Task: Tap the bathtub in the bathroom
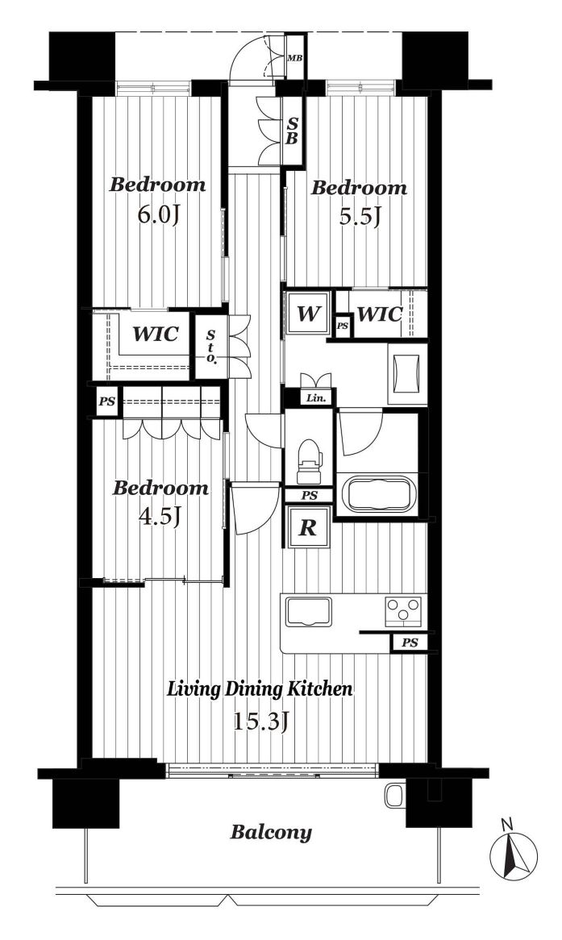click(x=380, y=493)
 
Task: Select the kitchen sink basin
click(x=308, y=611)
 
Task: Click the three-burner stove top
click(x=403, y=611)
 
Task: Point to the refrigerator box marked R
click(x=308, y=527)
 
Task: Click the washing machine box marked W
click(x=308, y=313)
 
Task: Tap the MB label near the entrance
click(x=294, y=58)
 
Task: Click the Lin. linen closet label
click(x=316, y=397)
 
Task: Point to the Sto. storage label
click(x=210, y=347)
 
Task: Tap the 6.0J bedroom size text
click(x=158, y=214)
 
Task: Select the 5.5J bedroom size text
click(x=360, y=216)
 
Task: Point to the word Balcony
click(x=271, y=833)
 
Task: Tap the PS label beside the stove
click(x=410, y=643)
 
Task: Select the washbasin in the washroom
click(x=408, y=373)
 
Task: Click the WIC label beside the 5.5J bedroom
click(x=380, y=314)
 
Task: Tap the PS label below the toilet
click(x=309, y=496)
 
